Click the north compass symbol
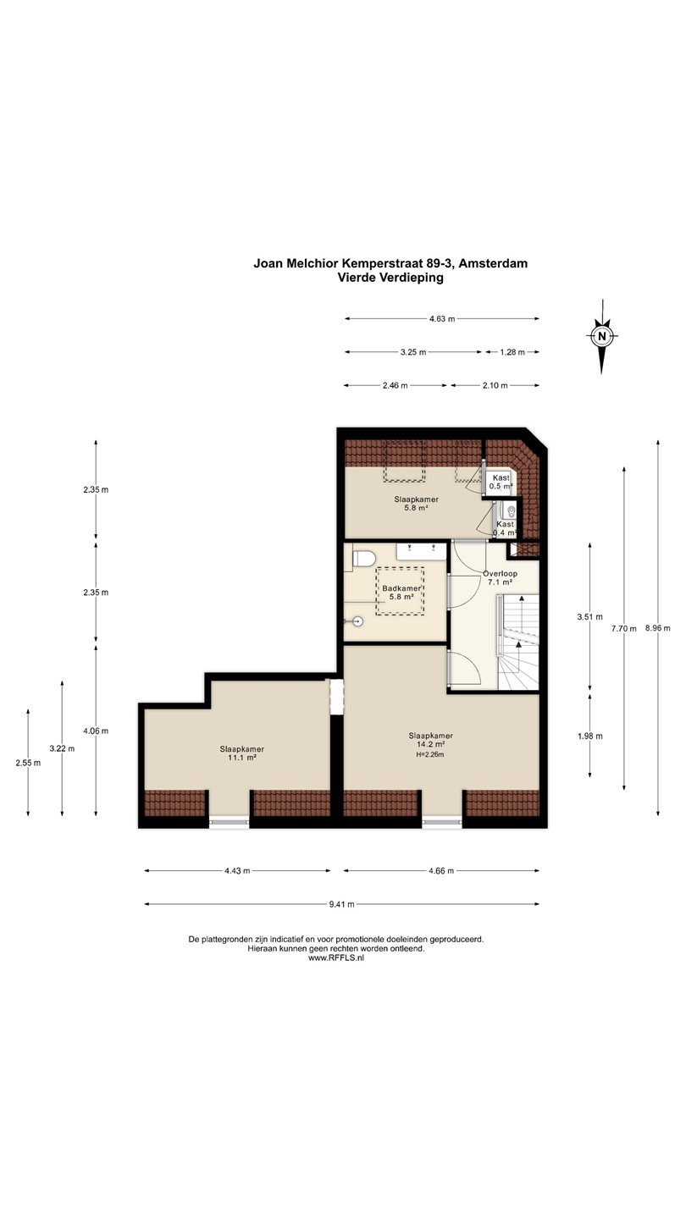pos(601,336)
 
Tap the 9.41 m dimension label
pos(341,904)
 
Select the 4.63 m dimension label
pos(442,319)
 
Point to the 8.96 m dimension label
pos(658,627)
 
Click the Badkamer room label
pos(401,588)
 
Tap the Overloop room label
pos(500,574)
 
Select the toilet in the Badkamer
pos(362,559)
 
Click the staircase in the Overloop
pos(519,643)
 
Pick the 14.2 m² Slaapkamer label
pos(430,740)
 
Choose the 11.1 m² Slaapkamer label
pos(241,753)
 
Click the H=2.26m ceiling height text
pos(430,754)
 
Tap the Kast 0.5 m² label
pos(501,483)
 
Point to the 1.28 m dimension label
pos(512,352)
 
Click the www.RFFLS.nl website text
pos(336,958)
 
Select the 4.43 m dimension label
pos(237,871)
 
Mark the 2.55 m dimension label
pos(28,763)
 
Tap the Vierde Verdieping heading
pos(390,278)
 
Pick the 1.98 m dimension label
pos(590,736)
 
